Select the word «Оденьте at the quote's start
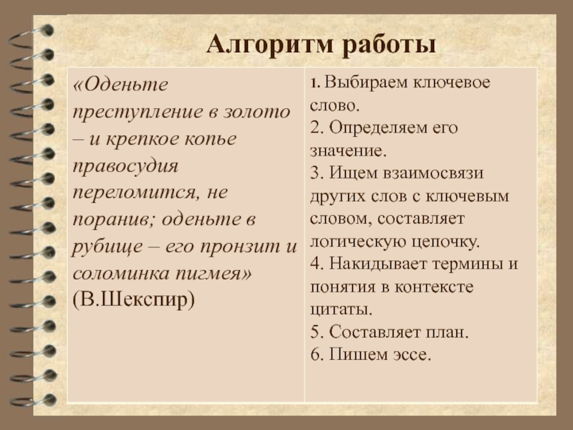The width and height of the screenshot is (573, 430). pos(119,85)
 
